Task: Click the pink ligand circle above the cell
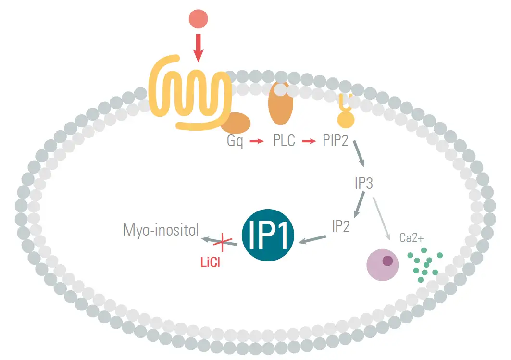pyautogui.click(x=198, y=19)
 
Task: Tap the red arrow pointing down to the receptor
pyautogui.click(x=198, y=48)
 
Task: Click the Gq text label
pyautogui.click(x=235, y=142)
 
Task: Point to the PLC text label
pyautogui.click(x=284, y=142)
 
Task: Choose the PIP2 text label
pyautogui.click(x=335, y=142)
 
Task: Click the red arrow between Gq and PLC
pyautogui.click(x=258, y=142)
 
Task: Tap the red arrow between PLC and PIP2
pyautogui.click(x=309, y=142)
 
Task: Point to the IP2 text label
pyautogui.click(x=341, y=226)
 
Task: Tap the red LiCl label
pyautogui.click(x=210, y=263)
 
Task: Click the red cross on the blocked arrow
pyautogui.click(x=222, y=242)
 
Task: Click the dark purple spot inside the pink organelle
pyautogui.click(x=387, y=261)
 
